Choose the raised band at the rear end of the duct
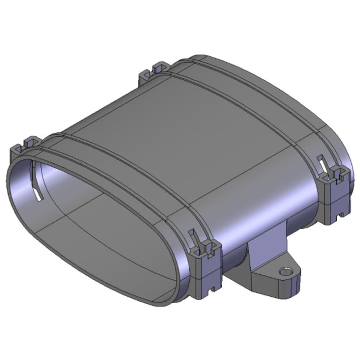pyautogui.click(x=252, y=97)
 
